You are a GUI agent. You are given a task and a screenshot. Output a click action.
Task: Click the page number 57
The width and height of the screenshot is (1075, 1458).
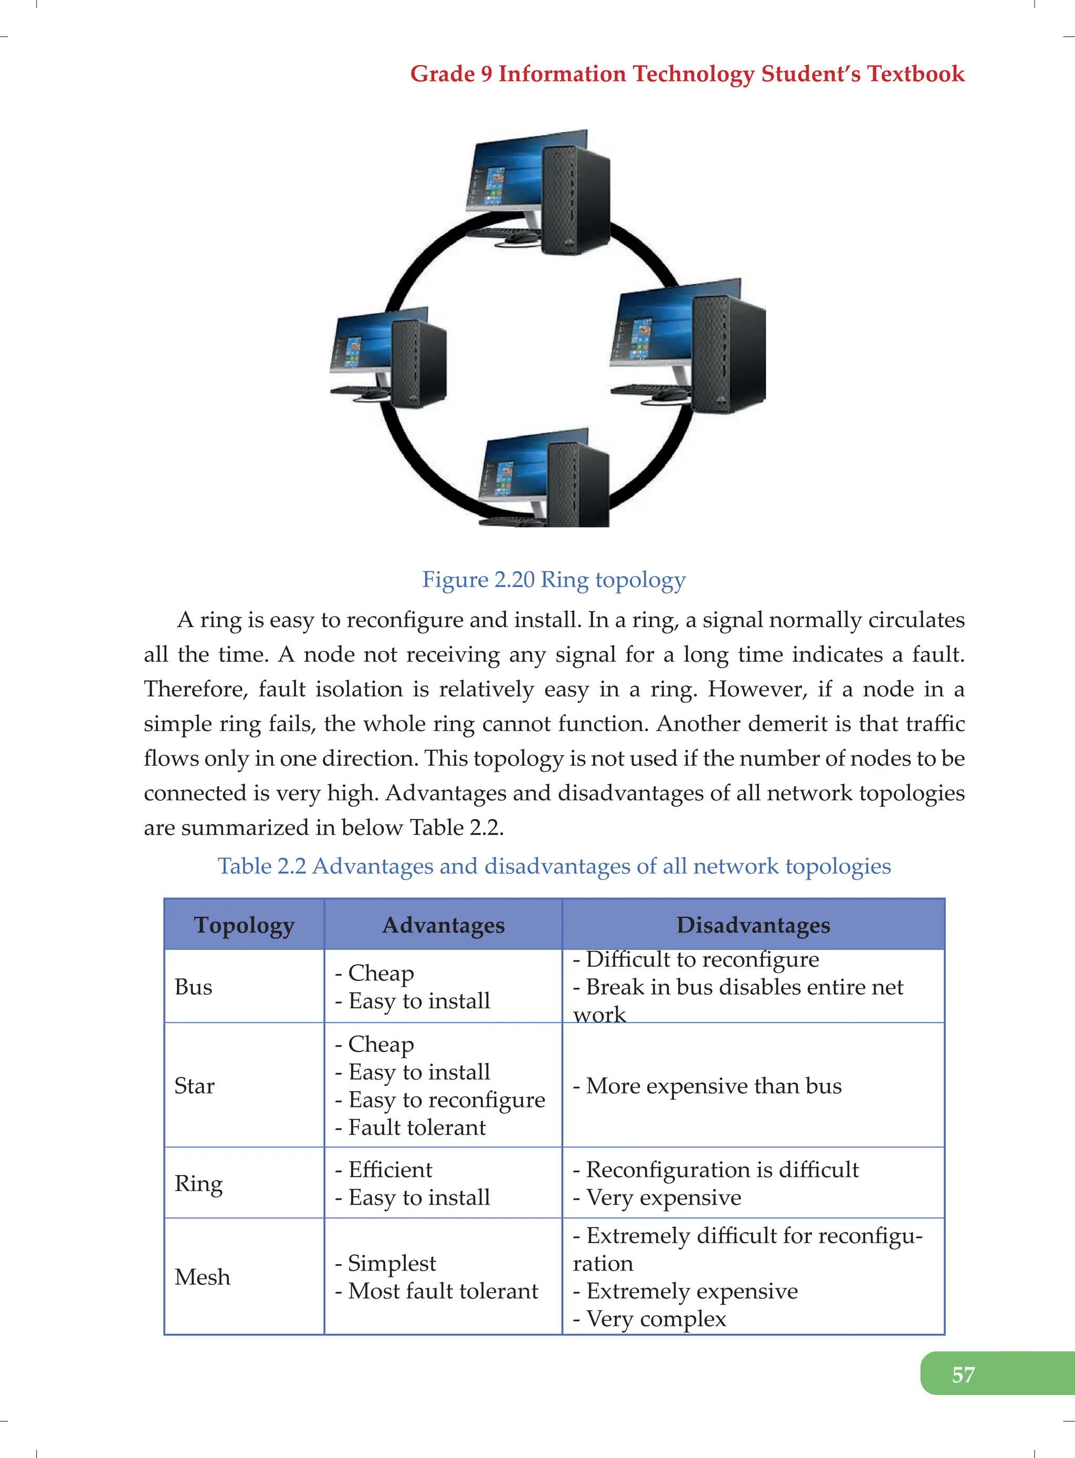963,1374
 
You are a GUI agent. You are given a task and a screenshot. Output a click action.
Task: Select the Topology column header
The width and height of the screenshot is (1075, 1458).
244,925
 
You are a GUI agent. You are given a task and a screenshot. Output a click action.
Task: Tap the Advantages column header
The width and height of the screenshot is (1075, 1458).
443,925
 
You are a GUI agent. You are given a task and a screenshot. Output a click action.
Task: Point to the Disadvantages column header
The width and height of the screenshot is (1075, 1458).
753,925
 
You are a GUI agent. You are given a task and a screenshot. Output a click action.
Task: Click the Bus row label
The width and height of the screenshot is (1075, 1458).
193,987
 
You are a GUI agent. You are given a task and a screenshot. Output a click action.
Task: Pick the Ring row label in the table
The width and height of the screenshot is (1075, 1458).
198,1184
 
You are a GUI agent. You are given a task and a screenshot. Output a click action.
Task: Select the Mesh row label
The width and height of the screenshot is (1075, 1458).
203,1277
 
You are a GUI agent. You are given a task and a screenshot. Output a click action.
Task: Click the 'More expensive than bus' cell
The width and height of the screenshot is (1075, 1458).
713,1086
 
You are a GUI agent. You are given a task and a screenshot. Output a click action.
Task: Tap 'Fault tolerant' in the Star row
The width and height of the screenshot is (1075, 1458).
416,1127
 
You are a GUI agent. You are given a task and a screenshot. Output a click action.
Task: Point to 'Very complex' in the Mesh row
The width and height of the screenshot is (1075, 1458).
655,1319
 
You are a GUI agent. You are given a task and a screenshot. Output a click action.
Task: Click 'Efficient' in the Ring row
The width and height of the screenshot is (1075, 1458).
390,1170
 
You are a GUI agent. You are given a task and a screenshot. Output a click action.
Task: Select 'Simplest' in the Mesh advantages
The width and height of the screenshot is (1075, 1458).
392,1263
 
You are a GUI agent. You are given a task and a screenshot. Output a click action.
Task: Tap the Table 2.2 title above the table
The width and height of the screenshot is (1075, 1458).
554,866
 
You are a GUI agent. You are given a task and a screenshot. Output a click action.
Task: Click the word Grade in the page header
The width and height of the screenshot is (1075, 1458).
442,74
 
